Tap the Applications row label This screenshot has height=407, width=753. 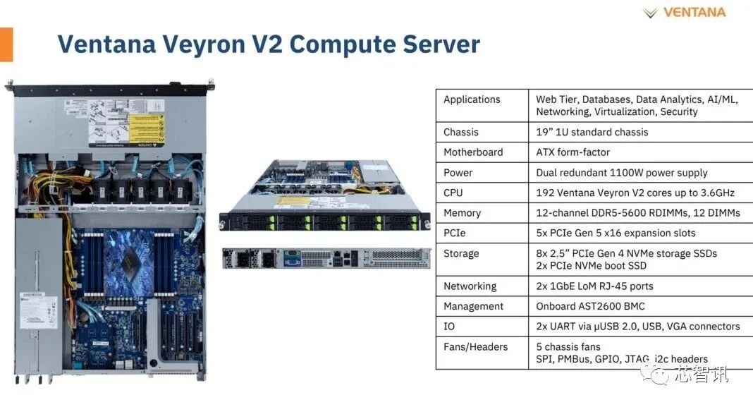click(472, 99)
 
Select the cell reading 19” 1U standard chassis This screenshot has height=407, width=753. click(592, 132)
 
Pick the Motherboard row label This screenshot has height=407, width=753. click(473, 152)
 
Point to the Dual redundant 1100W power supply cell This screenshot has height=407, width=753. click(621, 173)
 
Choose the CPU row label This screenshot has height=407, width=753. click(454, 193)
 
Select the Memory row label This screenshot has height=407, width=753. click(462, 213)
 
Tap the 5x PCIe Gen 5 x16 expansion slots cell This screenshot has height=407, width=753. click(616, 233)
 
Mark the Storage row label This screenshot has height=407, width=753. click(461, 253)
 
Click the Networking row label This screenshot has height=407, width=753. click(470, 286)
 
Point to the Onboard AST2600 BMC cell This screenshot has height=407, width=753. click(590, 306)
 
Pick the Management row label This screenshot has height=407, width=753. click(473, 306)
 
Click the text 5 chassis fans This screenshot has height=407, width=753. click(568, 346)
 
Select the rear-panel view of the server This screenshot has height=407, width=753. click(326, 258)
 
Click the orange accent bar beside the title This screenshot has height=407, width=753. click(6, 44)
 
